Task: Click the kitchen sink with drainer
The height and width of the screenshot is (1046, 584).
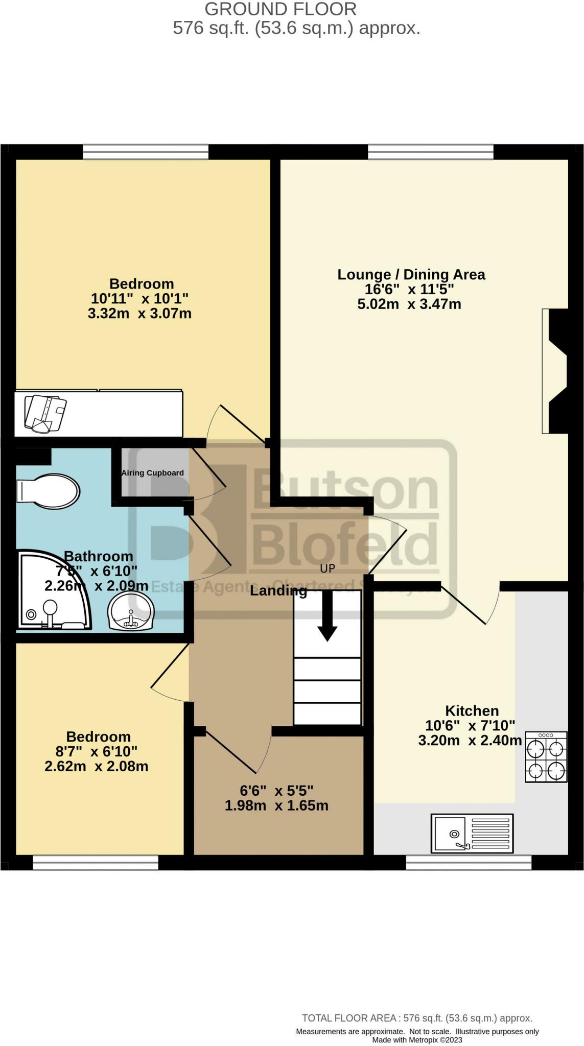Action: pyautogui.click(x=472, y=834)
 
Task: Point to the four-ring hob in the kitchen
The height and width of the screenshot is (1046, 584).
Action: pyautogui.click(x=546, y=757)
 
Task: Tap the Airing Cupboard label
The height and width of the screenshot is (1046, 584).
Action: pyautogui.click(x=152, y=473)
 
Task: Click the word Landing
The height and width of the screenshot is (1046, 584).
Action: pyautogui.click(x=278, y=591)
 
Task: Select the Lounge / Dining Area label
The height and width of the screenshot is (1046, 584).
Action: pyautogui.click(x=411, y=274)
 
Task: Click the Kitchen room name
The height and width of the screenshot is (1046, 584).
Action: pyautogui.click(x=472, y=710)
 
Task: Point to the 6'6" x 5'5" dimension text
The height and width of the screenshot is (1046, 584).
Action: pyautogui.click(x=276, y=791)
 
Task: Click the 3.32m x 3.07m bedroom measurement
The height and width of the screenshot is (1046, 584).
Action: pyautogui.click(x=139, y=313)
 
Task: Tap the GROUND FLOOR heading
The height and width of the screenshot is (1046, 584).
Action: pyautogui.click(x=281, y=9)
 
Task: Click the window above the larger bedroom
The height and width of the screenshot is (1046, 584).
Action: pyautogui.click(x=146, y=152)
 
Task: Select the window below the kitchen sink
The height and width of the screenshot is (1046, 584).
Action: pyautogui.click(x=469, y=862)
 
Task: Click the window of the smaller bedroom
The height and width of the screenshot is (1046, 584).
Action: pyautogui.click(x=96, y=862)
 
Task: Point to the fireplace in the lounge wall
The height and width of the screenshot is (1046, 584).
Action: pyautogui.click(x=556, y=371)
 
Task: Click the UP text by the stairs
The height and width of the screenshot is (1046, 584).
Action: pyautogui.click(x=328, y=568)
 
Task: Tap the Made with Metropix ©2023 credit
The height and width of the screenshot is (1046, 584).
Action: pyautogui.click(x=417, y=1040)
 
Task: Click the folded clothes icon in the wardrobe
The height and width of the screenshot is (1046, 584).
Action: pyautogui.click(x=45, y=413)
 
